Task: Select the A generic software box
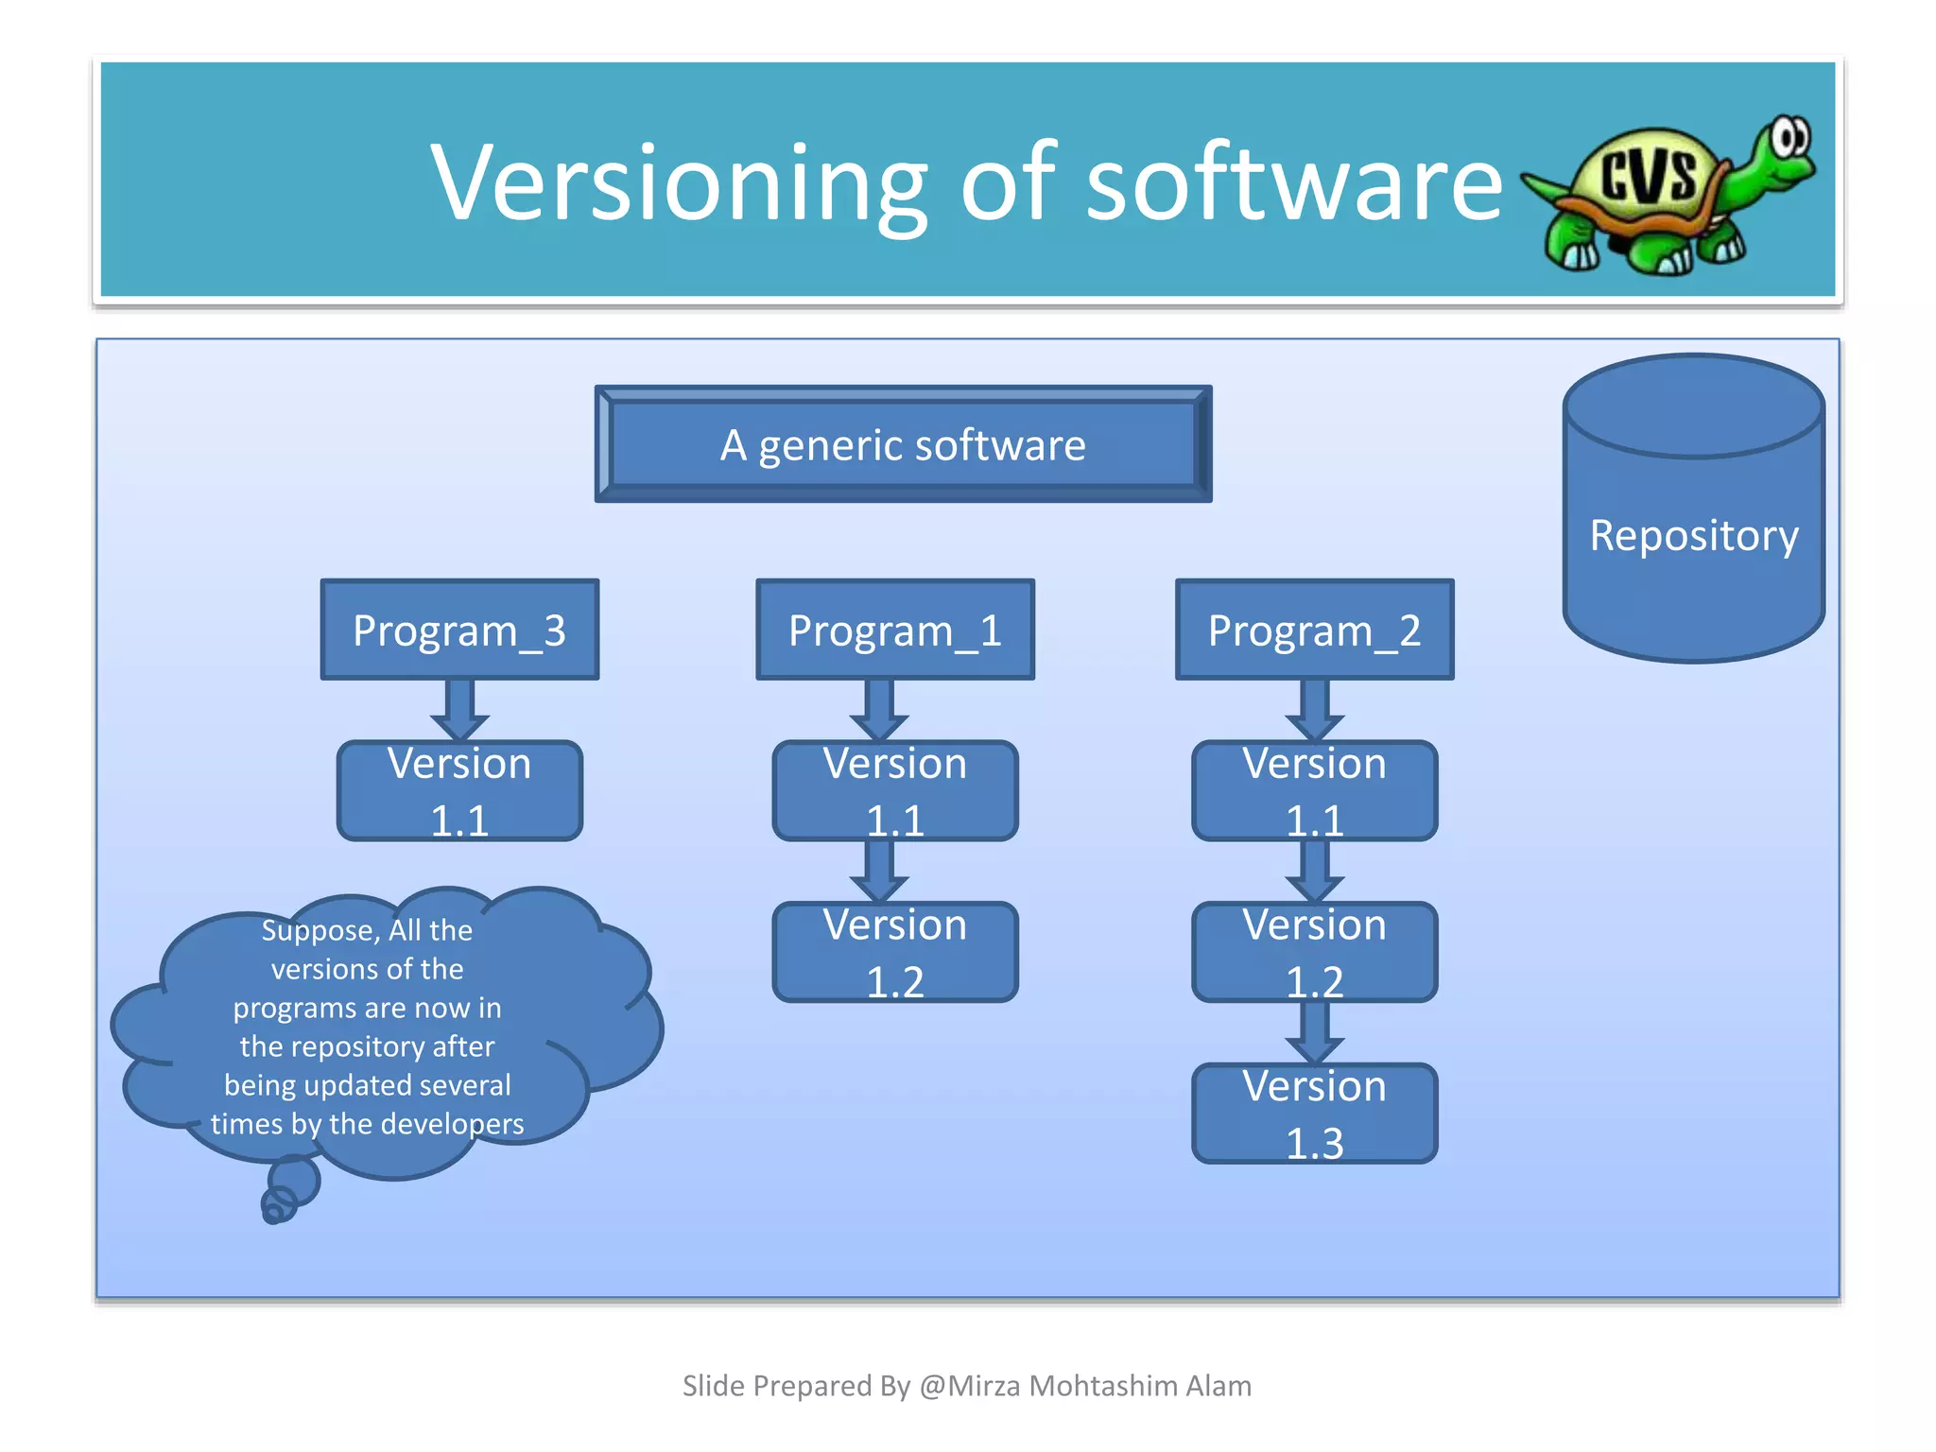pos(903,444)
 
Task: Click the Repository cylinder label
pos(1693,535)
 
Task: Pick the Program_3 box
pos(459,630)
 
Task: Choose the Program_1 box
pos(894,630)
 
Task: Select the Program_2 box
pos(1314,630)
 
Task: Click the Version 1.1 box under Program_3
pos(459,791)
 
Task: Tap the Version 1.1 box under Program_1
pos(894,791)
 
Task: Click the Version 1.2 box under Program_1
pos(894,952)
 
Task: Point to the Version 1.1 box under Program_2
pos(1314,791)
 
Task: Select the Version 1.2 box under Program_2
pos(1314,952)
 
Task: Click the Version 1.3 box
pos(1314,1114)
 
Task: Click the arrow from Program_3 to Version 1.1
pos(459,710)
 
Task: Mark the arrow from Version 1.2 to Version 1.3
pos(1314,1032)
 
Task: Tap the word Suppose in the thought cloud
pos(319,931)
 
